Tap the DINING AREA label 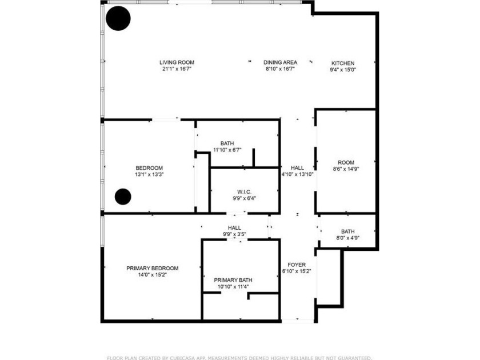280,62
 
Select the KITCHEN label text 343,63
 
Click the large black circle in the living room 118,18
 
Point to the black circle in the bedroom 123,197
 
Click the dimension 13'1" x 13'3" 149,174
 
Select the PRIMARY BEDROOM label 152,268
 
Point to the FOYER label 296,265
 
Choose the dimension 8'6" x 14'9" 346,169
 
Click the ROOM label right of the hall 346,162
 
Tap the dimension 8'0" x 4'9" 347,238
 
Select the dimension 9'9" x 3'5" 234,234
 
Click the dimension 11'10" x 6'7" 227,150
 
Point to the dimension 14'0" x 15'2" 152,275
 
